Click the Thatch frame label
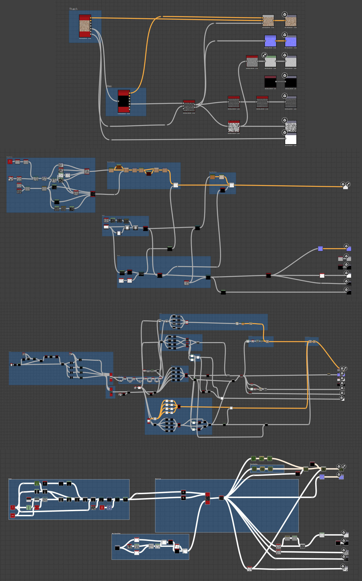[73, 9]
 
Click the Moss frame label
[109, 86]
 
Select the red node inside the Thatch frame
[85, 26]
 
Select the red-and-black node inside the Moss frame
[124, 101]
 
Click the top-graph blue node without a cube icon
[270, 41]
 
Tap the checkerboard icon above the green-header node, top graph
[264, 55]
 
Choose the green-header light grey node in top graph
[270, 61]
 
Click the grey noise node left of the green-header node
[252, 61]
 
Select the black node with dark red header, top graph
[270, 81]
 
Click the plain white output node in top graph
[291, 139]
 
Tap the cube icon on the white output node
[285, 132]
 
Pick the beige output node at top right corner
[291, 21]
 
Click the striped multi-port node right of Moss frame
[189, 106]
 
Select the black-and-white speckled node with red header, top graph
[234, 126]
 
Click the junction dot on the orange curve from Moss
[162, 17]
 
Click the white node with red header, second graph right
[322, 275]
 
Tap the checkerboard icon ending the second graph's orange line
[348, 184]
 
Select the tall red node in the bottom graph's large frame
[207, 498]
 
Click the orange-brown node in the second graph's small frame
[212, 177]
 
